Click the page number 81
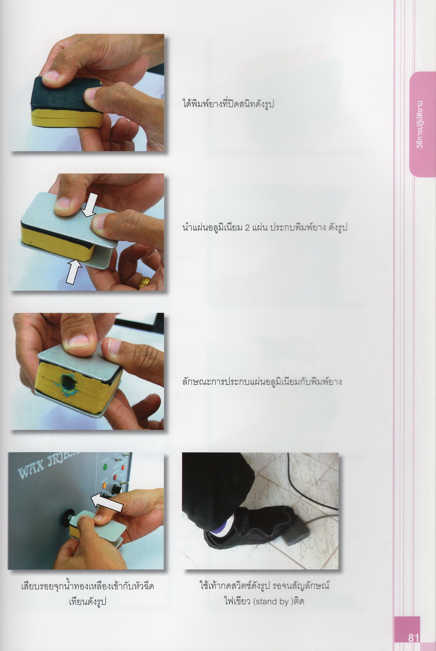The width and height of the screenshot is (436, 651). (414, 638)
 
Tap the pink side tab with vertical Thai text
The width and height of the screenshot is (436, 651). (422, 125)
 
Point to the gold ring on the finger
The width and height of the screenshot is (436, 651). (144, 282)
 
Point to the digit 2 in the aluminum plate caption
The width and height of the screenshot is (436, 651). (247, 227)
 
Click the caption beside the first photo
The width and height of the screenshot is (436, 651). (228, 104)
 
